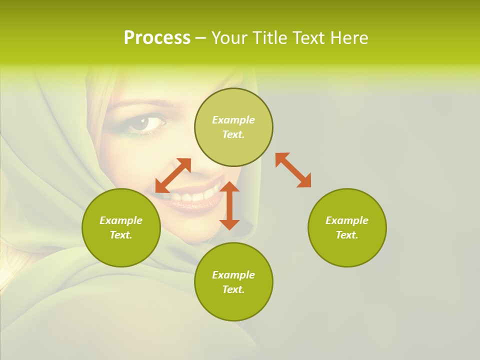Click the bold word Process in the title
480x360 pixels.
pyautogui.click(x=157, y=38)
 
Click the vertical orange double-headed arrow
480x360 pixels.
pyautogui.click(x=229, y=205)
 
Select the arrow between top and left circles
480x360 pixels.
pyautogui.click(x=173, y=175)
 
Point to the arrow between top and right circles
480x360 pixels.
pyautogui.click(x=293, y=170)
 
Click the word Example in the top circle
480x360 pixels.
pyautogui.click(x=233, y=120)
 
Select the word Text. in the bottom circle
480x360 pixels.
pyautogui.click(x=233, y=289)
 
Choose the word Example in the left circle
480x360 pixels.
pyautogui.click(x=121, y=220)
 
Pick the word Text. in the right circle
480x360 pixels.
pyautogui.click(x=347, y=235)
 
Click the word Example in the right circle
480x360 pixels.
pyautogui.click(x=347, y=220)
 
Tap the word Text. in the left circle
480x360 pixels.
pyautogui.click(x=121, y=235)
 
